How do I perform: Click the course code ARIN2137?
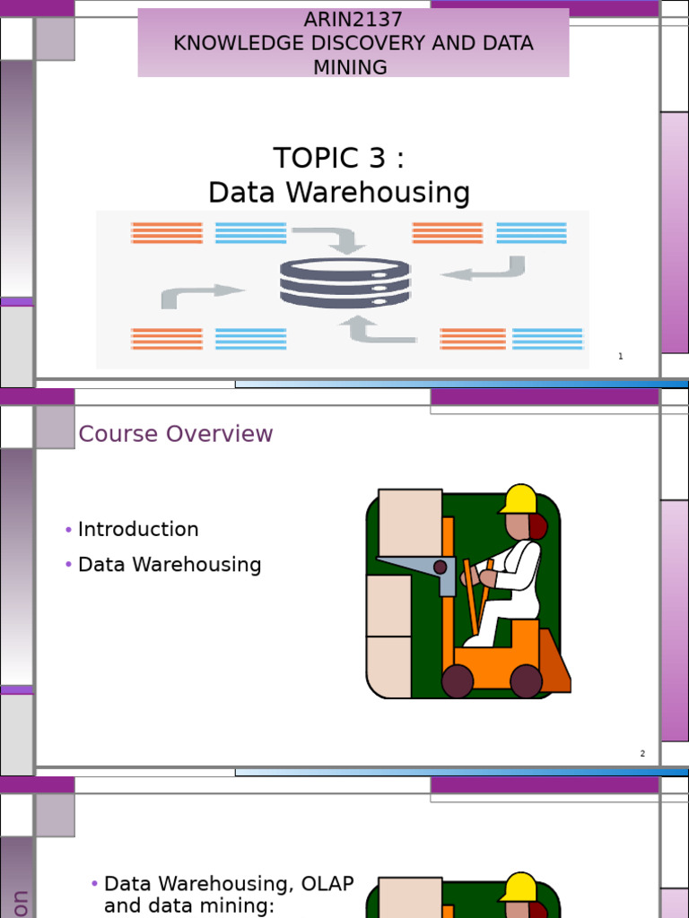(x=353, y=20)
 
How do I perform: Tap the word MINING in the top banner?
(x=351, y=67)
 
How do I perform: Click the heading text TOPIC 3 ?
(x=338, y=158)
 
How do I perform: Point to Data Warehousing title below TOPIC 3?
(x=338, y=193)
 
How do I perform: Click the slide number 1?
(x=620, y=357)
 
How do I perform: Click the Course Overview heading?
(x=176, y=434)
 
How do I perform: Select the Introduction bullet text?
(x=138, y=530)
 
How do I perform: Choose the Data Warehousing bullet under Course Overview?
(x=170, y=566)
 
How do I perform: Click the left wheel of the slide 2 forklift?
(x=458, y=680)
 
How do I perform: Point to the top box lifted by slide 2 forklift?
(x=410, y=522)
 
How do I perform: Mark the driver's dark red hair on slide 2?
(x=537, y=527)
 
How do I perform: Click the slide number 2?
(x=642, y=754)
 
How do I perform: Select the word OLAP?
(x=327, y=885)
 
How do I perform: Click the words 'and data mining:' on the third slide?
(x=189, y=906)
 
